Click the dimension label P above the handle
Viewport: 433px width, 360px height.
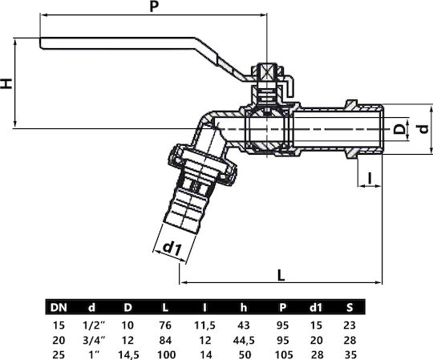coord(154,6)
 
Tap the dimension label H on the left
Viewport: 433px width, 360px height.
coord(6,83)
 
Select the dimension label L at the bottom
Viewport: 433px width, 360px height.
coord(281,275)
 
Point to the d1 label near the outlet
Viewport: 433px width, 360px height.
coord(172,249)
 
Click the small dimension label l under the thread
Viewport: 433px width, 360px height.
coord(370,178)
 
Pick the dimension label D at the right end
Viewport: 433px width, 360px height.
coord(399,129)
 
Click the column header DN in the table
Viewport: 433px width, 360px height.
coord(59,307)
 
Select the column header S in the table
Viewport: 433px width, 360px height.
coord(350,307)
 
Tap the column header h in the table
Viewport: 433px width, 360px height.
coord(244,307)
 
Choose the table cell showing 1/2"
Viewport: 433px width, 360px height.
coord(94,326)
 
